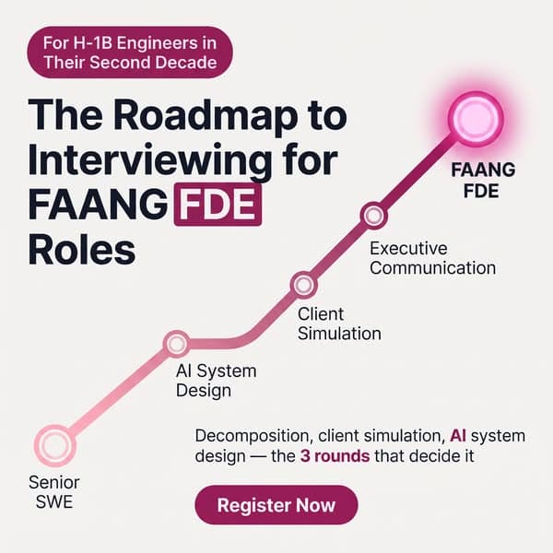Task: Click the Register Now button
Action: (276, 505)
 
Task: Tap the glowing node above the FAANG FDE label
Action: (476, 119)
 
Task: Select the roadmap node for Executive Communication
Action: (374, 216)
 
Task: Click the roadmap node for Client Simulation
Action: (303, 285)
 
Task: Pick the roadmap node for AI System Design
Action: (177, 344)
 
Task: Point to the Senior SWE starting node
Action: (54, 446)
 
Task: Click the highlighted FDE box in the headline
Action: (218, 205)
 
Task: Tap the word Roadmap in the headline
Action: (205, 116)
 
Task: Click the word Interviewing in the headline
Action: (150, 160)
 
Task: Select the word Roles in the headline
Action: (82, 250)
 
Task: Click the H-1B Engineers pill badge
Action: (130, 53)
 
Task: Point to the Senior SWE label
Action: (54, 492)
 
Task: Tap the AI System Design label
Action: (217, 381)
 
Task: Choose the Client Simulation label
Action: (339, 324)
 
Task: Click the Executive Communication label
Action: (433, 258)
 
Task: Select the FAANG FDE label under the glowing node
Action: (483, 181)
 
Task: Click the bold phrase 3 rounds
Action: (335, 456)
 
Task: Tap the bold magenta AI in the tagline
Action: (458, 436)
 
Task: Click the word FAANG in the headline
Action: (98, 205)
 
